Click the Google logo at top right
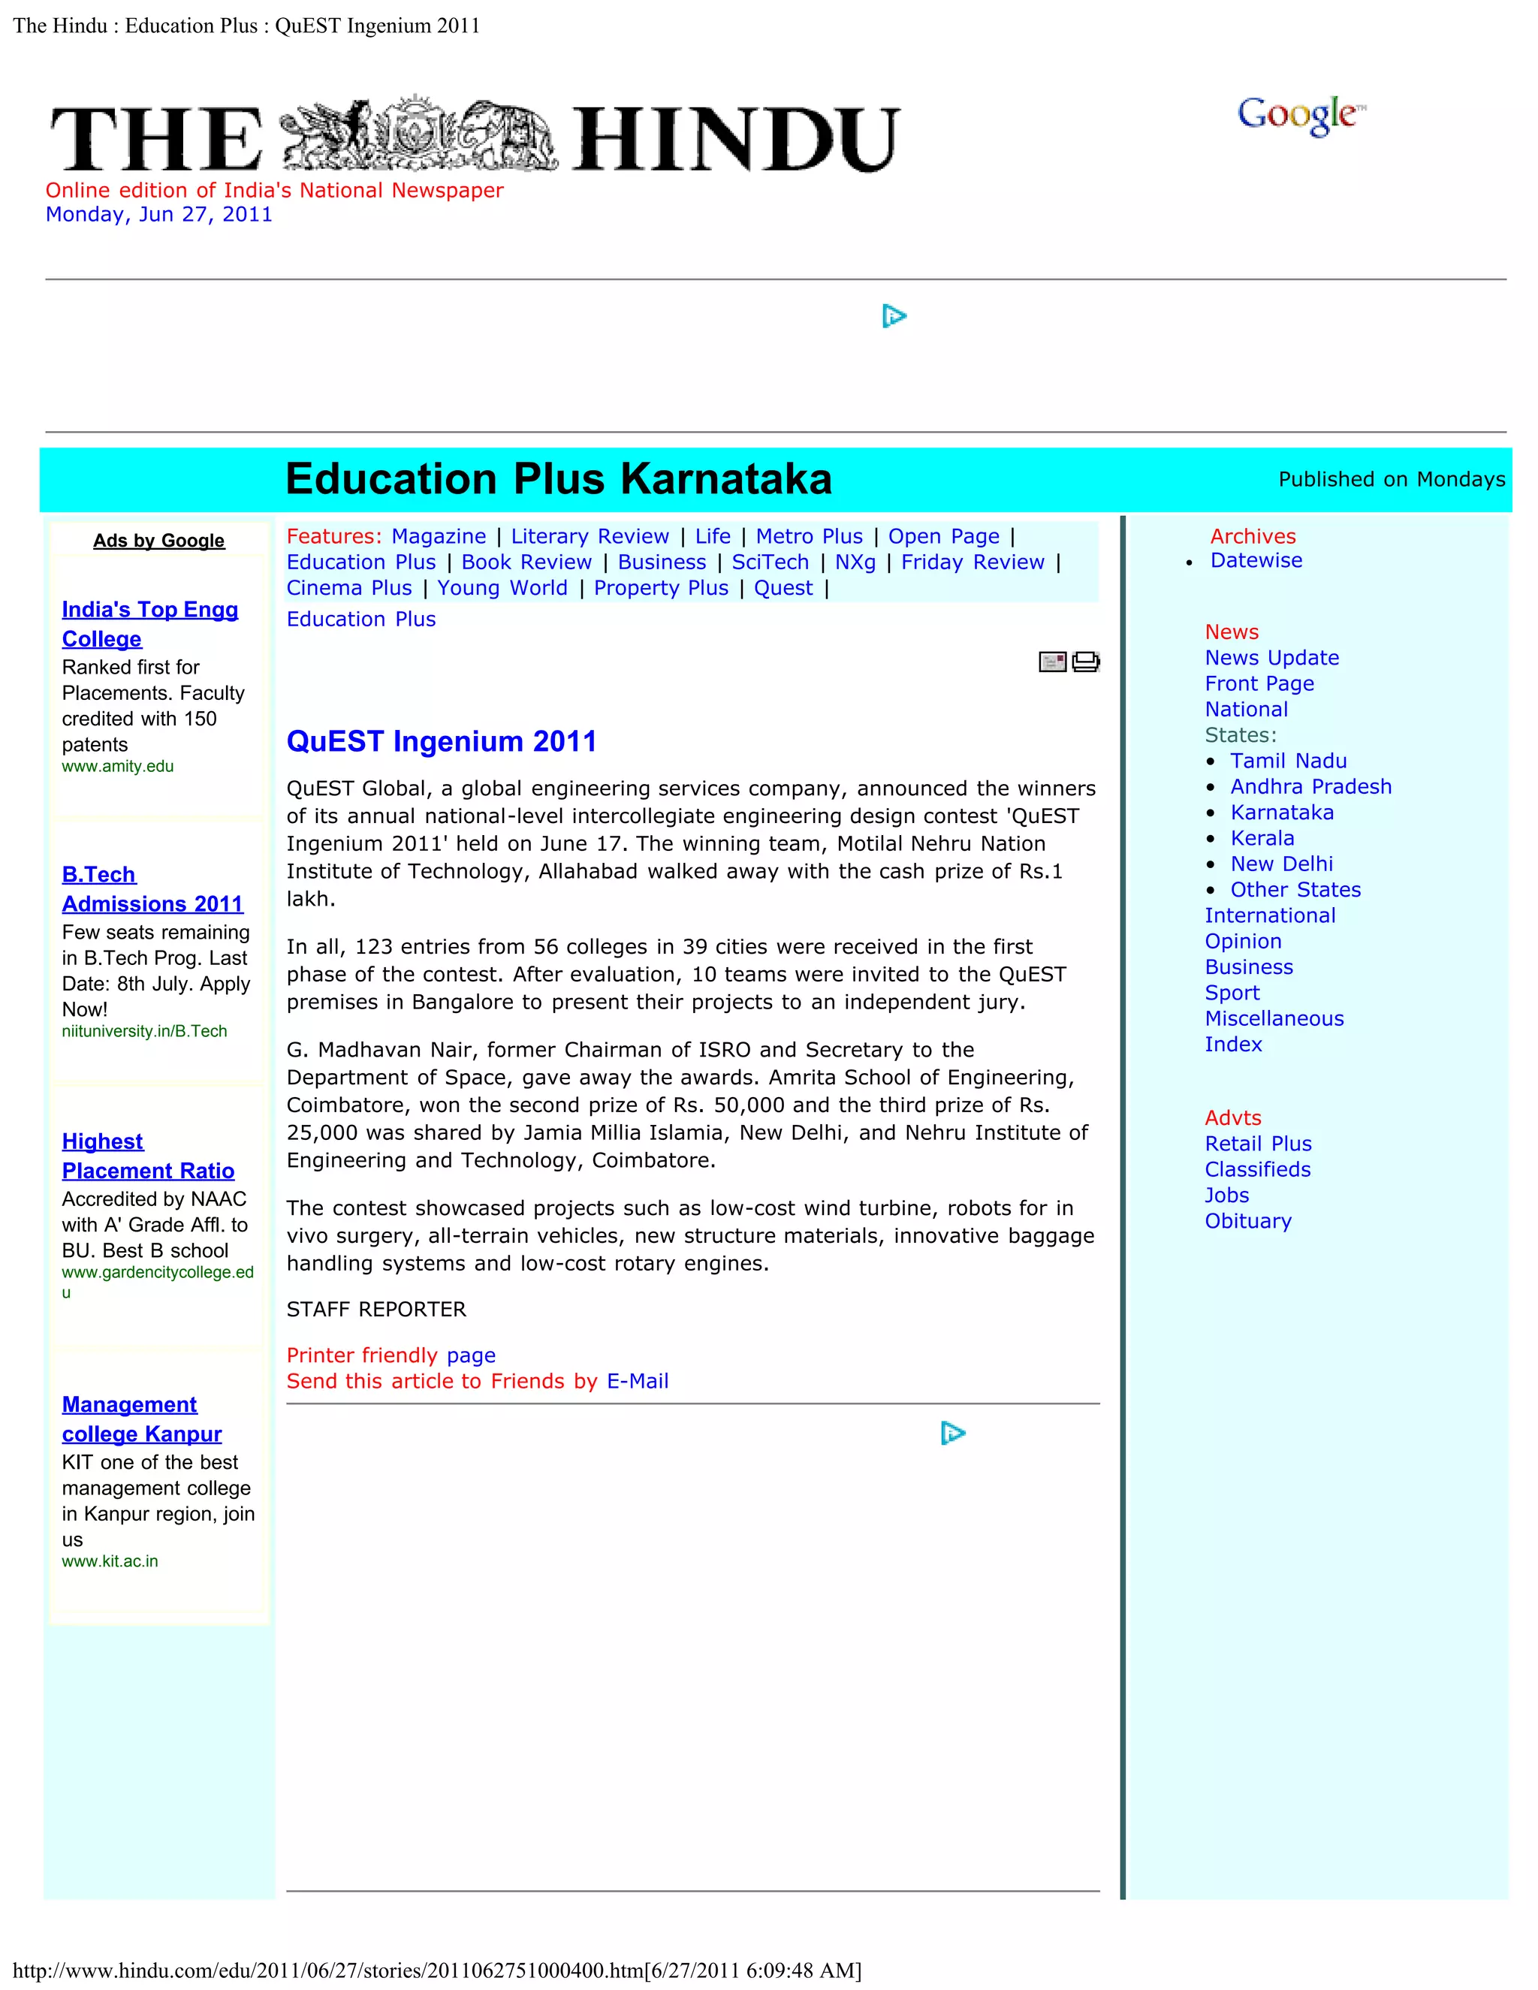coord(1300,116)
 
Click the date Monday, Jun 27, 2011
coord(158,214)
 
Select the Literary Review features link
coord(590,537)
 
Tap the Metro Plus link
coord(809,537)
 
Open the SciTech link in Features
coord(770,562)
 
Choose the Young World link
coord(502,588)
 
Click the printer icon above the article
coord(1086,662)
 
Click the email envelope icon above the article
coord(1052,662)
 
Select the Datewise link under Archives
coord(1256,560)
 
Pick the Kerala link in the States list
coord(1262,838)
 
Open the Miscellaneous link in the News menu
coord(1274,1019)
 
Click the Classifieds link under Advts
coord(1257,1169)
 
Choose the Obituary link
coord(1247,1221)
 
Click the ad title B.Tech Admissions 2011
coord(152,889)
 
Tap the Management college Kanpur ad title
coord(141,1419)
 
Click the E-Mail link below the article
coord(637,1381)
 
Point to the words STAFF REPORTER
coord(375,1310)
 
